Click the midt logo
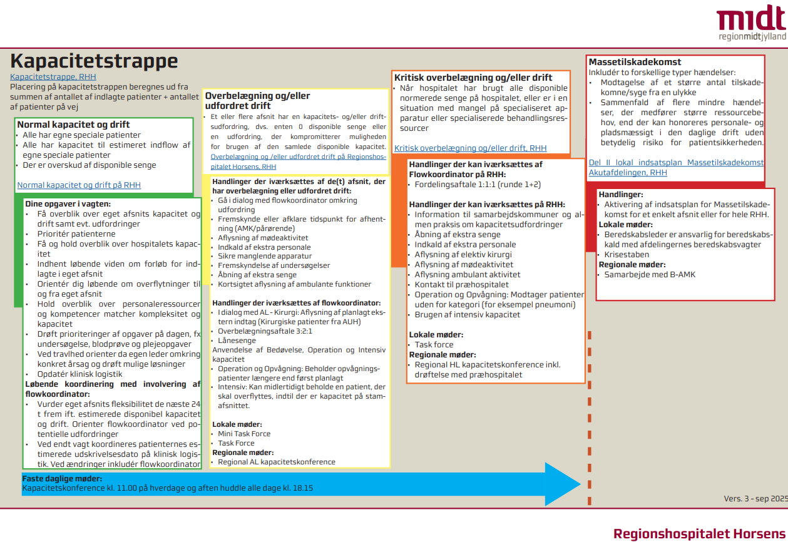[x=750, y=24]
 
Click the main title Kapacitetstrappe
[x=94, y=61]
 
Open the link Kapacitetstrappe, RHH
[x=53, y=77]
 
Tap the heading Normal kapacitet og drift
[x=73, y=125]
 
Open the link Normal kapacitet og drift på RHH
[x=79, y=185]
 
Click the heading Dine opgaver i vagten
[x=68, y=203]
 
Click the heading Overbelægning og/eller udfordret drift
[x=257, y=101]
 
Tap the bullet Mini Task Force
[x=244, y=434]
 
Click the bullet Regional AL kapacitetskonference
[x=276, y=462]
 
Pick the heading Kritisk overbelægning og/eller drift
[x=473, y=78]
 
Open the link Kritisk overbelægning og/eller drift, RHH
[x=470, y=148]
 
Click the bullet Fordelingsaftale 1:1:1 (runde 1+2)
[x=478, y=185]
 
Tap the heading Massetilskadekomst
[x=635, y=62]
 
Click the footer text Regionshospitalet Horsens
[x=698, y=534]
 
